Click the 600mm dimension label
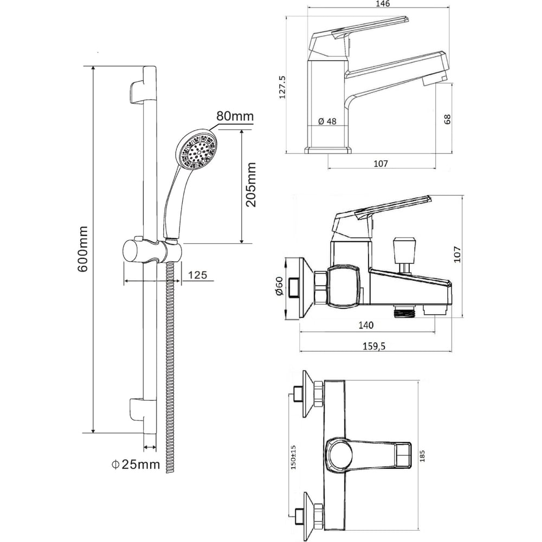coord(83,249)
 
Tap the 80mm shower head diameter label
coord(235,115)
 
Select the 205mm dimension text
coord(250,185)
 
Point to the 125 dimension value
coord(198,275)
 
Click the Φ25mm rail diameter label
coord(136,464)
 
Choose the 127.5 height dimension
coord(282,87)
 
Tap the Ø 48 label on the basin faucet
coord(327,121)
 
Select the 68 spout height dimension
coord(447,119)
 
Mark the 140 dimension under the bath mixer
coord(366,325)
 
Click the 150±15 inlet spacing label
coord(293,457)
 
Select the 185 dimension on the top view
coord(422,456)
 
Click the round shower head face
coord(196,150)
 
